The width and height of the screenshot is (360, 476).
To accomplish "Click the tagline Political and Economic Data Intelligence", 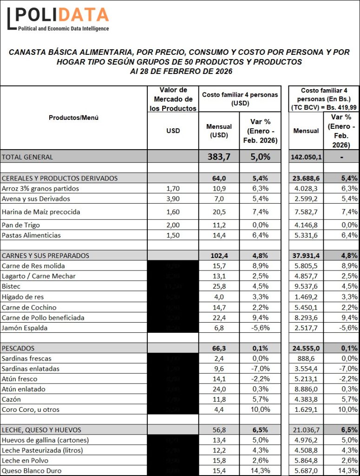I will click(x=63, y=29).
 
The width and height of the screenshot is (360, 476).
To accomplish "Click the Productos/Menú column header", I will click(x=73, y=118).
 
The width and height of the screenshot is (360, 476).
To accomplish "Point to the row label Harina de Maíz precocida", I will click(x=41, y=212).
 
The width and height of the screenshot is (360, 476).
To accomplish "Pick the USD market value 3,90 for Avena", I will click(x=173, y=199).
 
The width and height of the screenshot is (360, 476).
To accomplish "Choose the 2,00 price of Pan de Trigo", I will click(x=173, y=225).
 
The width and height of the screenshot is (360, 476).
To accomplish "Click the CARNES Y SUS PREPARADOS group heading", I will click(x=46, y=256).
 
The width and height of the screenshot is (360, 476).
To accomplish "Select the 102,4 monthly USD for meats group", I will click(x=219, y=256).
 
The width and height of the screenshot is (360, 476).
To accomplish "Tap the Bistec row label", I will click(x=11, y=286).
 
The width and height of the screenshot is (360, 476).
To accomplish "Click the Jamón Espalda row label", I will click(x=25, y=328).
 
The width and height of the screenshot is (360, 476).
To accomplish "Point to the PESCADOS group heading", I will click(x=18, y=348).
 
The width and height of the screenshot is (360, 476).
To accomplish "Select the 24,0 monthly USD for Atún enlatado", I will click(x=219, y=389).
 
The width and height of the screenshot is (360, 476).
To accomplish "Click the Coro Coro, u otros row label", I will click(x=31, y=410).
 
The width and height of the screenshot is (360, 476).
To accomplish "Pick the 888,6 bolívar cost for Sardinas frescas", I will click(x=305, y=358).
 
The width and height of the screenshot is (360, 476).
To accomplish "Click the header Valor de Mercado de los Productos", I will click(x=173, y=99).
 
